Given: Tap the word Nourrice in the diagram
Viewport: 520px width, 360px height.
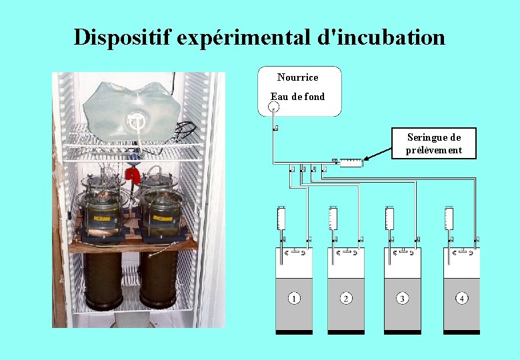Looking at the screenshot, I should click(297, 77).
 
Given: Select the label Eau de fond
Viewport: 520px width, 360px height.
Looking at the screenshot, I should click(298, 97).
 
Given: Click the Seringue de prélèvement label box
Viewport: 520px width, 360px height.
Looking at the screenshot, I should click(434, 143).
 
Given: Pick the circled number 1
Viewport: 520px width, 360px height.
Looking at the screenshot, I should click(293, 298).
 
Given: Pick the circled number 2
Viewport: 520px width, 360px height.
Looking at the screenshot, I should click(346, 298).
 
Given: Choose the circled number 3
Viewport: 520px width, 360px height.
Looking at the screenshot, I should click(402, 298).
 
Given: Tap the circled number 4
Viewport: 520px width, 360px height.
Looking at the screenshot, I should click(461, 298).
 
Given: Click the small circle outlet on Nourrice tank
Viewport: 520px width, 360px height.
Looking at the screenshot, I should click(274, 106).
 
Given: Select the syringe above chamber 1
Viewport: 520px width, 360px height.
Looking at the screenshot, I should click(281, 219).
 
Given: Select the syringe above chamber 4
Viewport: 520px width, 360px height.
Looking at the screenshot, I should click(449, 219).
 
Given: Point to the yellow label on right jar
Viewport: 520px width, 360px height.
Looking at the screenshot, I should click(161, 217).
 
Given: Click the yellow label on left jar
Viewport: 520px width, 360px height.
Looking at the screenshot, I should click(102, 217).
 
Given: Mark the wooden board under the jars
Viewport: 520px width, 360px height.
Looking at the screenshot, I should click(133, 245).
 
